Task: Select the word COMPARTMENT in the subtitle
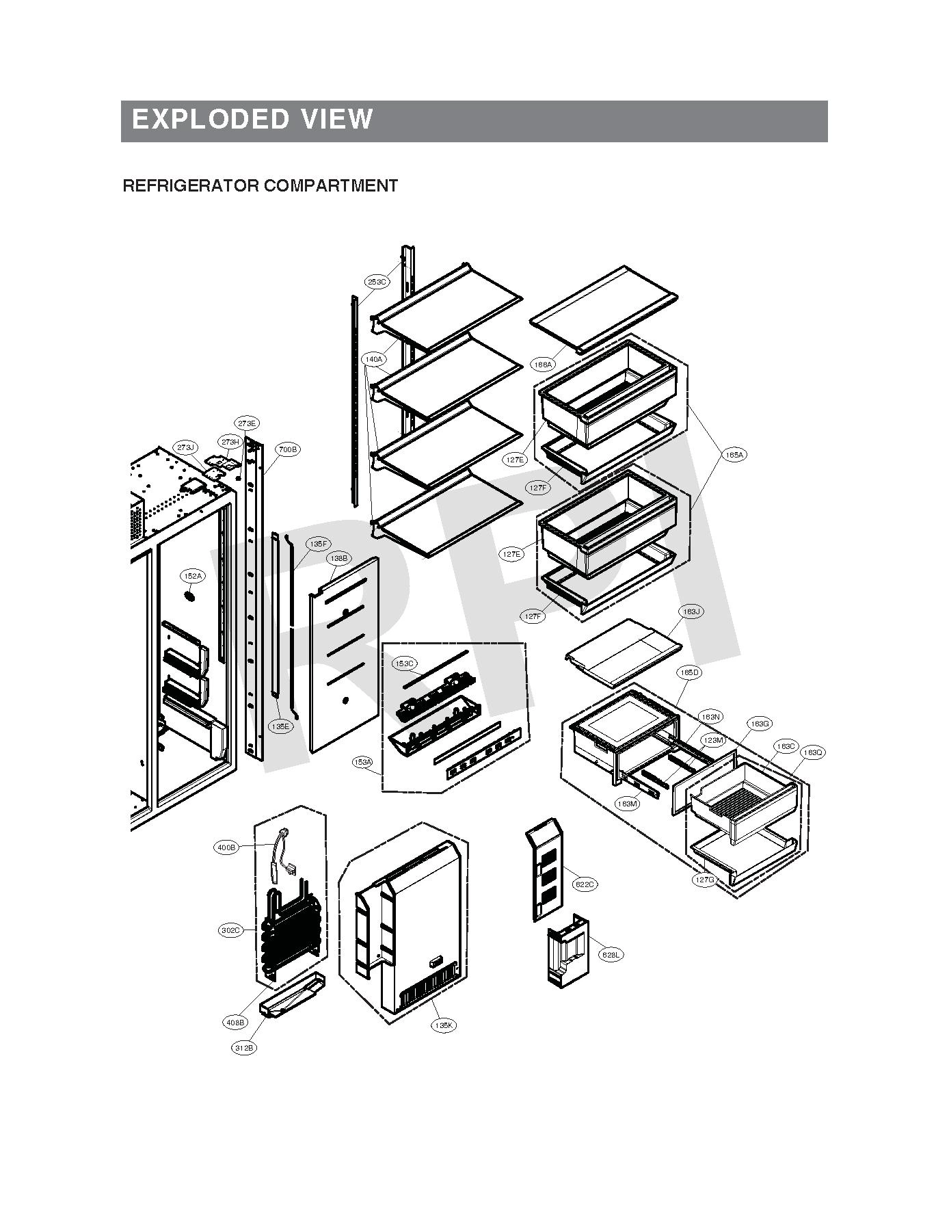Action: (x=330, y=185)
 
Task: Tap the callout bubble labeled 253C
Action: (x=377, y=282)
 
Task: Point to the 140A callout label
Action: (x=374, y=359)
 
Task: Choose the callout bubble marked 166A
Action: (x=544, y=365)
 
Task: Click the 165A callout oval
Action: (x=735, y=455)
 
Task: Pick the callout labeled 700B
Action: (x=287, y=450)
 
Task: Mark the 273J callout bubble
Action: (x=185, y=447)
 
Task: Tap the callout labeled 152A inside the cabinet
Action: (x=192, y=577)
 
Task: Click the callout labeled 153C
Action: (x=404, y=663)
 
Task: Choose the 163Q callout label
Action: (x=813, y=752)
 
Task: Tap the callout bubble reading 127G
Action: (x=704, y=880)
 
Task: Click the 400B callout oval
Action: (x=226, y=848)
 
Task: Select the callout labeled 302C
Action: (x=230, y=930)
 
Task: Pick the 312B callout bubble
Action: (x=244, y=1048)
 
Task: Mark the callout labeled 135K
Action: (x=444, y=1025)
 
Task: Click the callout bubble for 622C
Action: (x=585, y=884)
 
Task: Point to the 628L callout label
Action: (x=611, y=955)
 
